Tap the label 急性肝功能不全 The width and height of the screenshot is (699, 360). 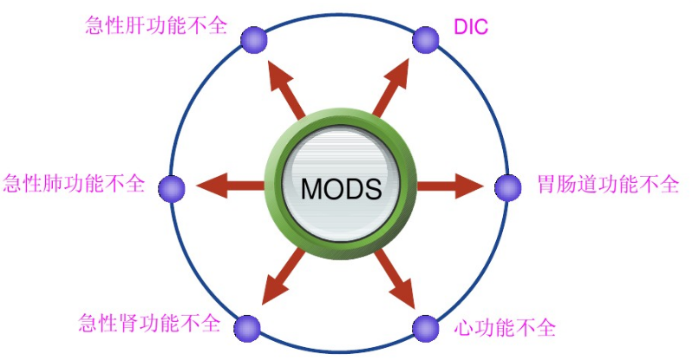point(155,24)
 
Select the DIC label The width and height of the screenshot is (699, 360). point(471,27)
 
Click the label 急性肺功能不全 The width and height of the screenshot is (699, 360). point(74,185)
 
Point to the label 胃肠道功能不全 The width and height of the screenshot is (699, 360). point(607,185)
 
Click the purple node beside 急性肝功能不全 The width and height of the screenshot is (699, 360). point(253,39)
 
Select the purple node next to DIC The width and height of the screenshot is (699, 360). point(426,38)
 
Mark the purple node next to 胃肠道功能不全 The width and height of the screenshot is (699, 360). point(508,187)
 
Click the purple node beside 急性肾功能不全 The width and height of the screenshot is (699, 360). point(248,327)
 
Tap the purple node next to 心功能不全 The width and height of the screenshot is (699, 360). point(425,329)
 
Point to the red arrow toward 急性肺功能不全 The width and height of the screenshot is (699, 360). point(227,184)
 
